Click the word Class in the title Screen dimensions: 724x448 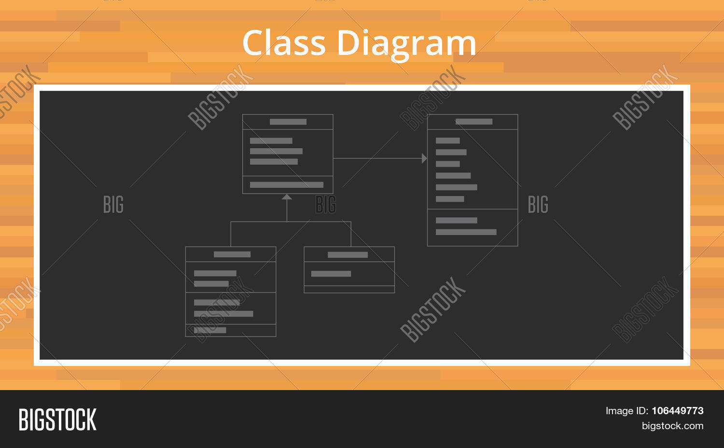(284, 42)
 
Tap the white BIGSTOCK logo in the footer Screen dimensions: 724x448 (57, 419)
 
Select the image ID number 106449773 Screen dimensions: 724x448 (678, 410)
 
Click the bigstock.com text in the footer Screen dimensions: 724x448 (673, 426)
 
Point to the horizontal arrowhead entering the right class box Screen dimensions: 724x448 (424, 158)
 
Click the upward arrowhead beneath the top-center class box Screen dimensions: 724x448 (287, 197)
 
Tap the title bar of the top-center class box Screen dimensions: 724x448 (288, 122)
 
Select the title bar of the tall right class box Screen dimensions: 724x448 (473, 122)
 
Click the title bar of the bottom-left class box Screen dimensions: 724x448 (231, 254)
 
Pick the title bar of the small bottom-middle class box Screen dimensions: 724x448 (349, 254)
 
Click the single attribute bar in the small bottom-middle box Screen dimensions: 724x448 (331, 274)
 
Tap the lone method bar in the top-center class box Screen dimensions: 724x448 (287, 184)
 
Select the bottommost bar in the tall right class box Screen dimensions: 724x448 (466, 232)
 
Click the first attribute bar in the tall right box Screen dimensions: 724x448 (447, 140)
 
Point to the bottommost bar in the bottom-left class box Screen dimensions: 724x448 (210, 330)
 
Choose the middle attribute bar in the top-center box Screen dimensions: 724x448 (277, 151)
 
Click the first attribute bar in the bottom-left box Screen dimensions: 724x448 (215, 273)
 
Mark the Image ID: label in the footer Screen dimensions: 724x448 (627, 410)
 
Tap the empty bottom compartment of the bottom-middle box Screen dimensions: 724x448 (349, 289)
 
